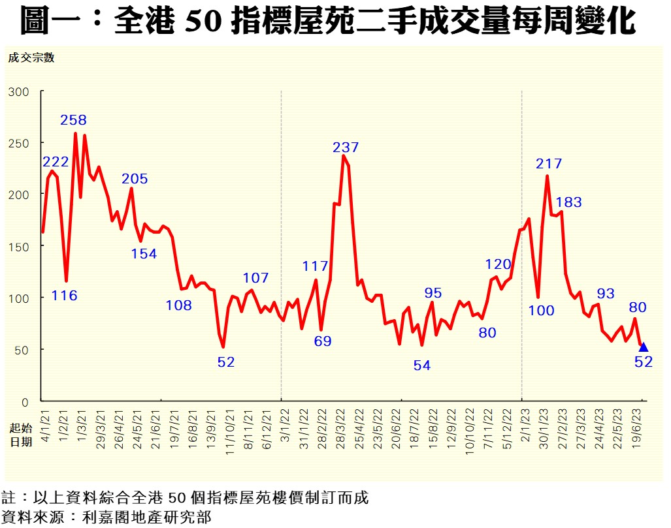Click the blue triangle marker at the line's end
point(643,347)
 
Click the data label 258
point(74,120)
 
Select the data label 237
point(346,148)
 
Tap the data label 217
point(549,164)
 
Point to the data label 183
point(568,202)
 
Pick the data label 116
point(64,296)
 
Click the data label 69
point(323,341)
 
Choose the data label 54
point(422,365)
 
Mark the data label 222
point(56,162)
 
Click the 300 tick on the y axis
point(20,91)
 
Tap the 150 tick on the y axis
point(20,246)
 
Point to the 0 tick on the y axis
point(25,401)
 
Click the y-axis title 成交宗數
point(31,57)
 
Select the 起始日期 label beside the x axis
point(21,435)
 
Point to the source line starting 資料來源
point(107,518)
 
